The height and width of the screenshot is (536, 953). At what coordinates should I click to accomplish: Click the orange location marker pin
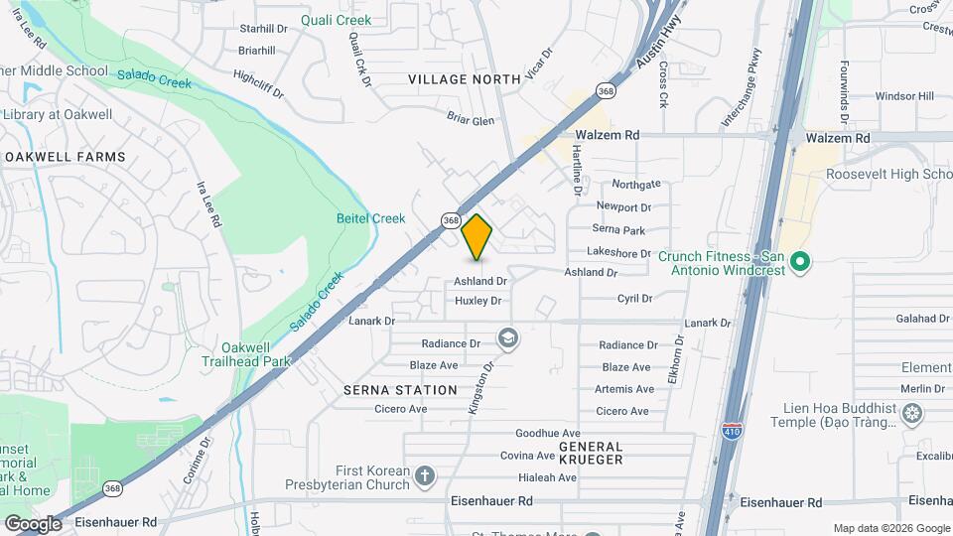pyautogui.click(x=477, y=236)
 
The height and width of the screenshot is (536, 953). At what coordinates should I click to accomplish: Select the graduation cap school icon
pyautogui.click(x=508, y=340)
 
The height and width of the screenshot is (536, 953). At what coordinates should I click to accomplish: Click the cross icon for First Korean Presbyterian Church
pyautogui.click(x=425, y=477)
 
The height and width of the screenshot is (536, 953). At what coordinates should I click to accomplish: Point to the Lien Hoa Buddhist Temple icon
pyautogui.click(x=912, y=413)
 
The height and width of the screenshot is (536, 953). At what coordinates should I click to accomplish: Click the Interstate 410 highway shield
pyautogui.click(x=731, y=431)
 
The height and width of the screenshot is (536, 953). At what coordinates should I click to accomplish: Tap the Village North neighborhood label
pyautogui.click(x=464, y=78)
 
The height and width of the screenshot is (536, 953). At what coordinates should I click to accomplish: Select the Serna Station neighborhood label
pyautogui.click(x=400, y=390)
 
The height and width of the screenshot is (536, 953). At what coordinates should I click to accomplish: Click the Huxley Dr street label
pyautogui.click(x=478, y=301)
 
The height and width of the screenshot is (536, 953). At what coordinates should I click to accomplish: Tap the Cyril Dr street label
pyautogui.click(x=634, y=298)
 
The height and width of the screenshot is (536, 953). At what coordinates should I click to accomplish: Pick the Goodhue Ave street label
pyautogui.click(x=548, y=434)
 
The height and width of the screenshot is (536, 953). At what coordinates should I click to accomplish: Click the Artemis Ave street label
pyautogui.click(x=623, y=389)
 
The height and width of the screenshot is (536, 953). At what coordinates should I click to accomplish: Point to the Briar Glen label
pyautogui.click(x=471, y=121)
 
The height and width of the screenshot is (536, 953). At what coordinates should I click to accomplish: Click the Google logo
pyautogui.click(x=33, y=523)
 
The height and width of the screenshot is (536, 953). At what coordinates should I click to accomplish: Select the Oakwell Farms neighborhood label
pyautogui.click(x=66, y=157)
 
